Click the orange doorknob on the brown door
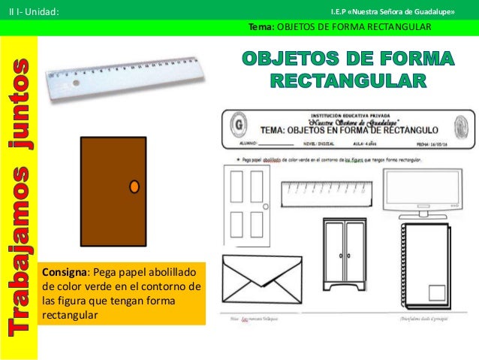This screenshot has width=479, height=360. coord(134,186)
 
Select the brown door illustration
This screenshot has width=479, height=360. coord(113,191)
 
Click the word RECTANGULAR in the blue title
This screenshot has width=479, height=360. coord(346,80)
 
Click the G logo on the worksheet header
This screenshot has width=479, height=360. coord(239,123)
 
